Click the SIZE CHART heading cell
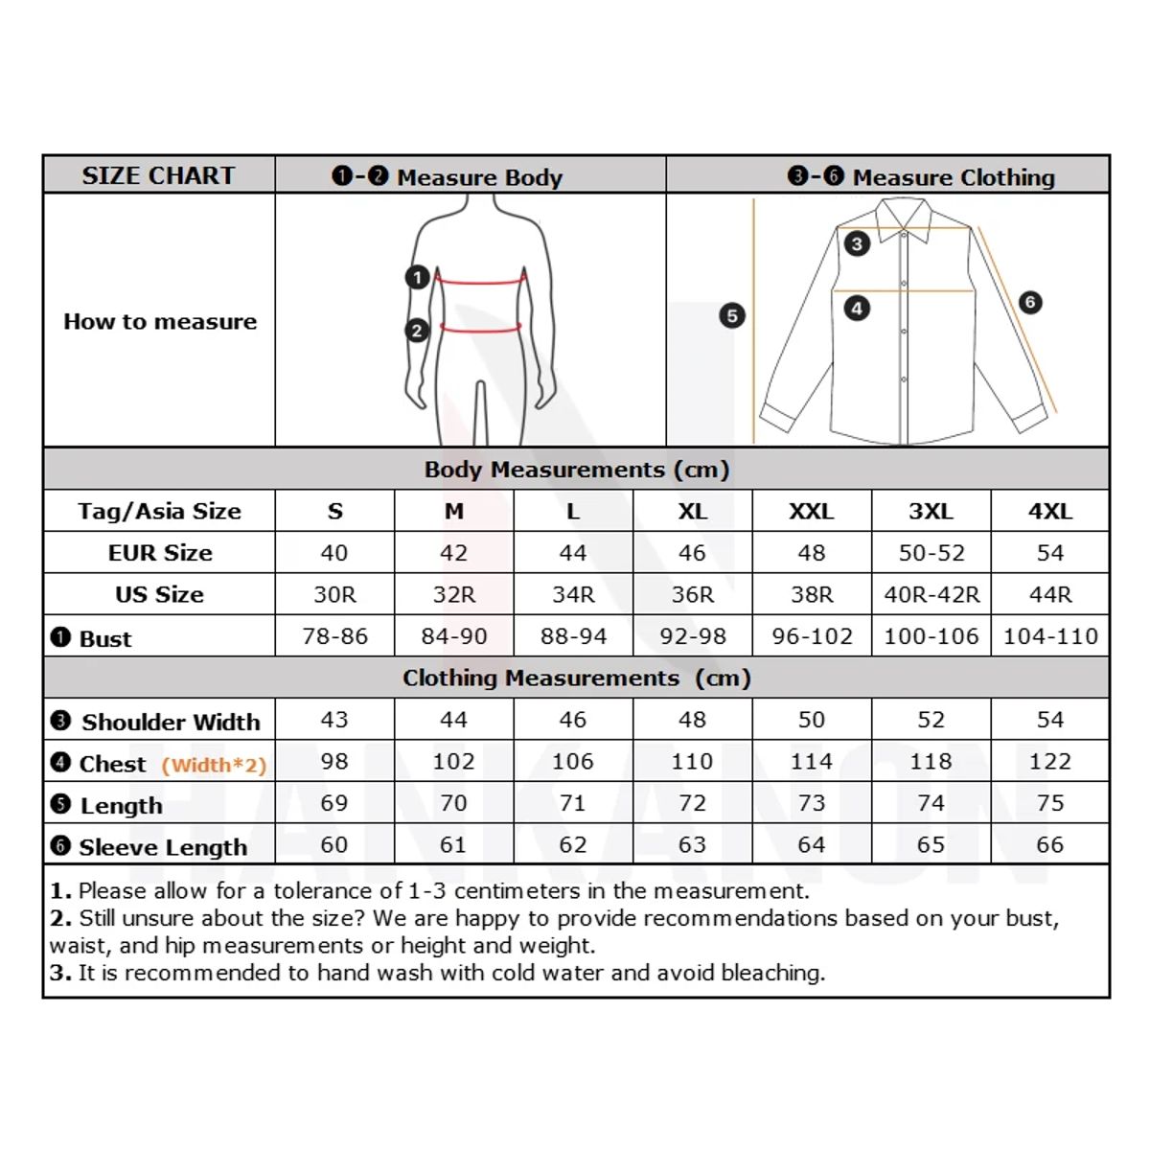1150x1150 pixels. [158, 175]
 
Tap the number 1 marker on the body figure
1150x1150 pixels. [417, 278]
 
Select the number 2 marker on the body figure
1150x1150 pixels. [417, 331]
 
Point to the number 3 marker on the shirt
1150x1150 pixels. [857, 243]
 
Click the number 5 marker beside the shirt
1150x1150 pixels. [732, 315]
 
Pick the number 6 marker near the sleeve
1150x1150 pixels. [1030, 303]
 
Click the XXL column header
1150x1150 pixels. [812, 512]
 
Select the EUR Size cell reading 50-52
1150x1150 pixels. [931, 553]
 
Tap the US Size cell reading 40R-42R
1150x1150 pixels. [931, 595]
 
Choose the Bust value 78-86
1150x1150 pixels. [334, 636]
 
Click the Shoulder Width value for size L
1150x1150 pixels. [573, 720]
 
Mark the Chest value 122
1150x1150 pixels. [1050, 762]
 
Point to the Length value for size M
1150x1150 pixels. [453, 803]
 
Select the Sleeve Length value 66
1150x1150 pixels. [1050, 845]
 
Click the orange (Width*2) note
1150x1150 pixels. [214, 765]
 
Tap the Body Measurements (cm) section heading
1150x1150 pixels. [577, 470]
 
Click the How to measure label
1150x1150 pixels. [160, 322]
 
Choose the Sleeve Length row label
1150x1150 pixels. [163, 847]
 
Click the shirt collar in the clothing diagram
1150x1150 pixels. [904, 217]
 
